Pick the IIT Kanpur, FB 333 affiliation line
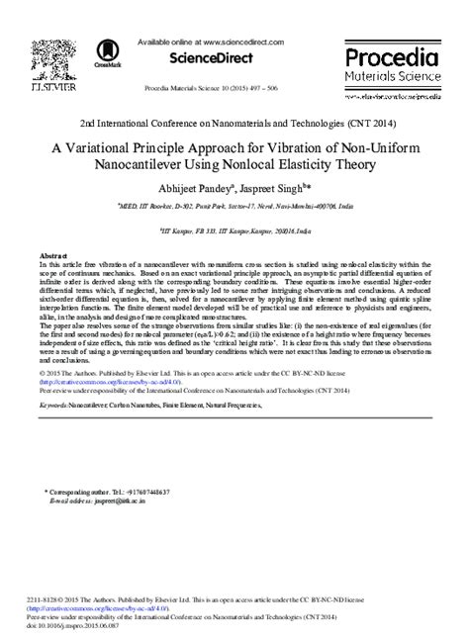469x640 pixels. (x=234, y=225)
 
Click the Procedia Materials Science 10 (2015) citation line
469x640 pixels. (x=234, y=85)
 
